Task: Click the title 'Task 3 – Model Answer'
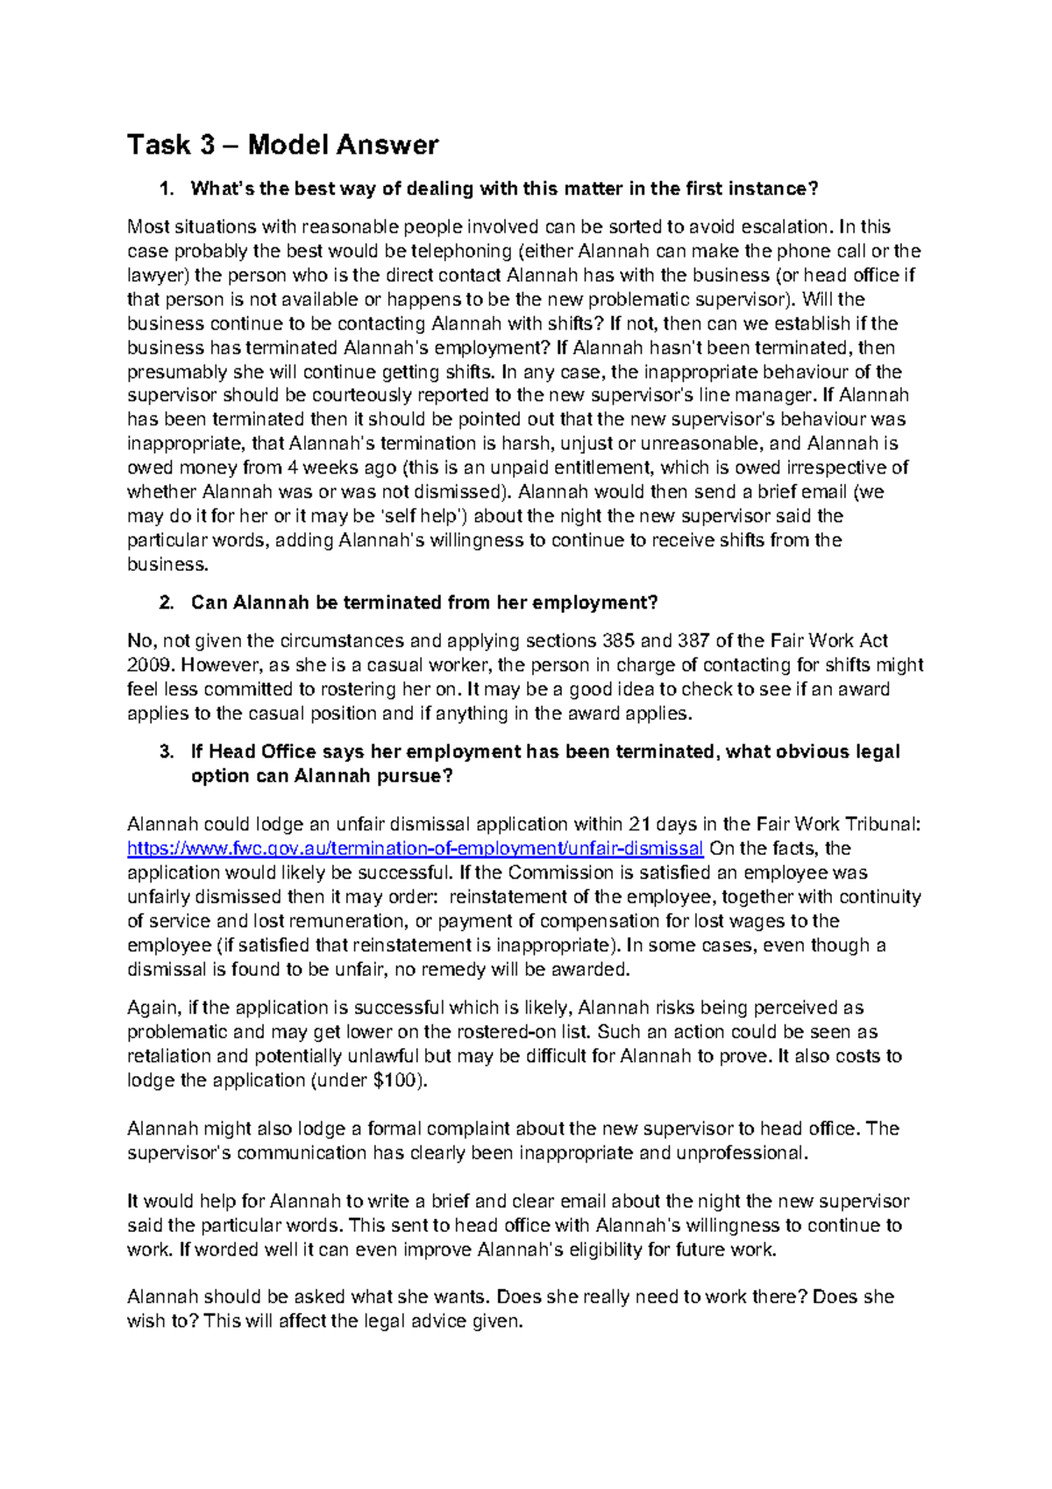[x=282, y=145]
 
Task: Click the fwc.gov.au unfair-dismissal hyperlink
[x=415, y=848]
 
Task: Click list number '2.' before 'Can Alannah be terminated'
[x=167, y=602]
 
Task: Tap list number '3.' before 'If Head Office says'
[x=167, y=752]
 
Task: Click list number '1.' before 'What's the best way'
[x=167, y=189]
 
